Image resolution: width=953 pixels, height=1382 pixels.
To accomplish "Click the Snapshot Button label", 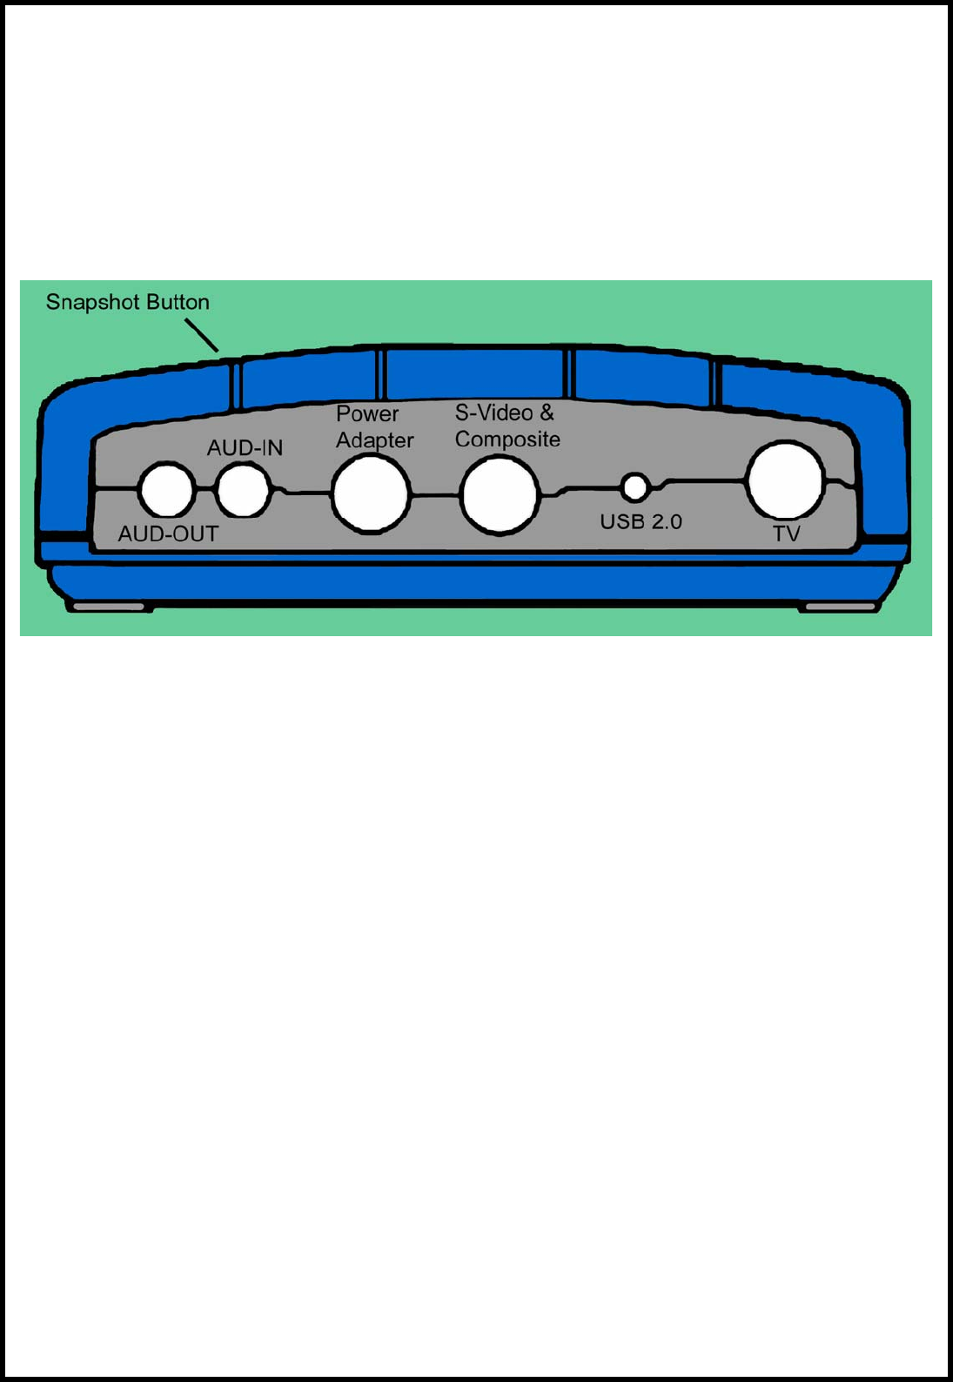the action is pos(128,303).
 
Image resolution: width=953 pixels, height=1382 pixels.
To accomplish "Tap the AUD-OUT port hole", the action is pos(166,490).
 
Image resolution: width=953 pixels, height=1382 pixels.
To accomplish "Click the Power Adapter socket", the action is pos(372,494).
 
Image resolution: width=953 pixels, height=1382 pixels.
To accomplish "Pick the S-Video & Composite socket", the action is pos(500,494).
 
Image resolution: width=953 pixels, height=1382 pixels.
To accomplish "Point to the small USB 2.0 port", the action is pos(636,487).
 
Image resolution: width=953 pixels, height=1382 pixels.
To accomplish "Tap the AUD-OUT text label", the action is pos(169,533).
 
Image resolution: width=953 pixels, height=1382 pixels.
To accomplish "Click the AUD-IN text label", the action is pos(245,448).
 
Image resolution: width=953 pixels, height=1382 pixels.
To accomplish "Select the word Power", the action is pos(367,414).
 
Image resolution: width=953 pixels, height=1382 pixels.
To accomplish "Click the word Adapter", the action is pos(374,440).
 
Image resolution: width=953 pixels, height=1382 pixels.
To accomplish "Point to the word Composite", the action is pos(507,439).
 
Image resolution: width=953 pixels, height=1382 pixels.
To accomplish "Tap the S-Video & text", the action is pos(504,413).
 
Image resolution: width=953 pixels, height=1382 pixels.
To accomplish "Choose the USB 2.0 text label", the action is pos(641,522).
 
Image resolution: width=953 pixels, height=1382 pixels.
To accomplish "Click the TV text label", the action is pos(787,533).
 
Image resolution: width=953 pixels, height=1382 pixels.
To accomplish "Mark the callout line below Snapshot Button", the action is pos(202,334).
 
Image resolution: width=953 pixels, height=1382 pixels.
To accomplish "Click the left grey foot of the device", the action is pos(109,606).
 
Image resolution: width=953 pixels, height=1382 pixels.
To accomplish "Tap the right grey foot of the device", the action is pos(840,607).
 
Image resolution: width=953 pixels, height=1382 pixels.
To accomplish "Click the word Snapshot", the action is pos(91,303).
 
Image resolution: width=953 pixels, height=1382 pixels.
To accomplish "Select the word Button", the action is pos(178,302).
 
